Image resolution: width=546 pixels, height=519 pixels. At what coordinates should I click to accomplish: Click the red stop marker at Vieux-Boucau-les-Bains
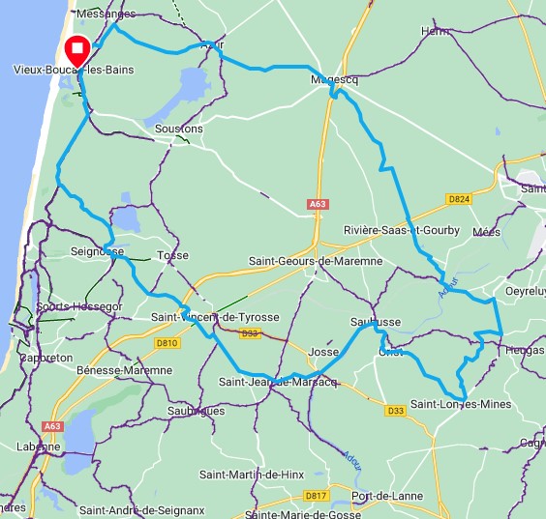76,50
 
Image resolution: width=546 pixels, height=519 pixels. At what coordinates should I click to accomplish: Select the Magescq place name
335,80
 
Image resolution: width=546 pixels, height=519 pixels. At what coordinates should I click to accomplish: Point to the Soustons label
179,129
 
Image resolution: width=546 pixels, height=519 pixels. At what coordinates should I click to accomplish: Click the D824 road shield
458,199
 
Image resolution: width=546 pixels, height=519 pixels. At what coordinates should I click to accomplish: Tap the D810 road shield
167,342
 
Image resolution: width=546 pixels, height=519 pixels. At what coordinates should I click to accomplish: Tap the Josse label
323,353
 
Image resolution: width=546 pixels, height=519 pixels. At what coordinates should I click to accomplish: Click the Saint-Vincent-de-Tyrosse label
216,317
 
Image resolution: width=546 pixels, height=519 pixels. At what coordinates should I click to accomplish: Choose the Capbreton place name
45,357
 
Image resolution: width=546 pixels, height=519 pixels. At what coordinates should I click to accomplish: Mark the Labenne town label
38,447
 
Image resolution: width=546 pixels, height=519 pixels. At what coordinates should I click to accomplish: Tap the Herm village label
437,32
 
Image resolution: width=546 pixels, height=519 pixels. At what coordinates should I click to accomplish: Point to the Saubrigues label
197,411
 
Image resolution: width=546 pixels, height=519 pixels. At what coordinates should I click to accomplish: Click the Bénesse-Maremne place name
124,370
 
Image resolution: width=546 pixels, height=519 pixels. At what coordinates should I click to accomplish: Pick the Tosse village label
172,255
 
